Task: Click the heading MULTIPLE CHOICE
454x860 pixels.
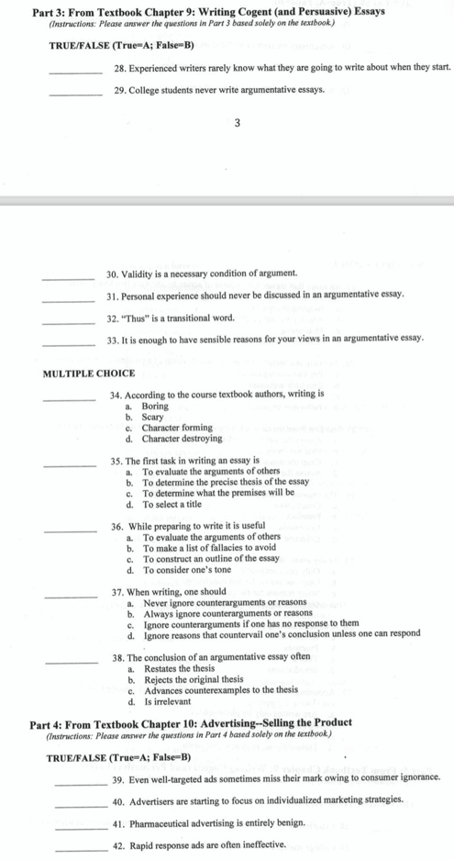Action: coord(89,373)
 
